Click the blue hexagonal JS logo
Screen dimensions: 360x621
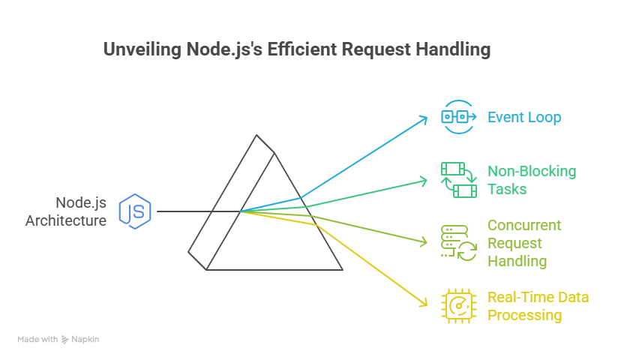pos(136,211)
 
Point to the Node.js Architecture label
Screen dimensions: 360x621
pos(66,211)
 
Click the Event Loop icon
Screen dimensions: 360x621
pos(457,116)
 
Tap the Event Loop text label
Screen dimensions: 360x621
pos(524,117)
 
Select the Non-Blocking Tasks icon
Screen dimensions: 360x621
pos(457,180)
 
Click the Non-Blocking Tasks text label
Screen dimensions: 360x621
pos(532,180)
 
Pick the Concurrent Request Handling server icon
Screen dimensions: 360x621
pos(457,243)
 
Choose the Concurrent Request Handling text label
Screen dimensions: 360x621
pos(524,243)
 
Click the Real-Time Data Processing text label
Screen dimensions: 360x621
pos(538,306)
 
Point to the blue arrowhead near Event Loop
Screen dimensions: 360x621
pos(425,118)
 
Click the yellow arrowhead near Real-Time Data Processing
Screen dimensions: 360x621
pos(424,303)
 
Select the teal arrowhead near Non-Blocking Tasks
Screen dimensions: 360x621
pos(425,181)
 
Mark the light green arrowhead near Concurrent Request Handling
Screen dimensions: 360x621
pos(425,242)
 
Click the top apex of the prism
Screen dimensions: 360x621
pos(257,136)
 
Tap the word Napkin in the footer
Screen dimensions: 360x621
pos(86,340)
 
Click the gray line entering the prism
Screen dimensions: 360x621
pos(187,211)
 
